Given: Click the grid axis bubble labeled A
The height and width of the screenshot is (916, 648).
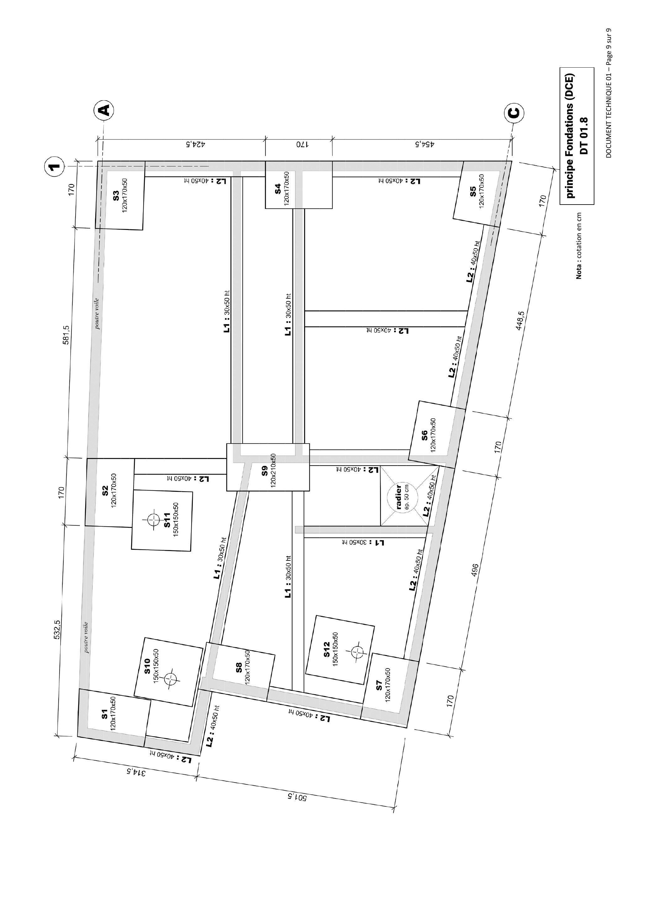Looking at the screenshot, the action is (104, 110).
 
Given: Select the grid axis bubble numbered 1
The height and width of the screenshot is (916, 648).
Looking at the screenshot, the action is (54, 166).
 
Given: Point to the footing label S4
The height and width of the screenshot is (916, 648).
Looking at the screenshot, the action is (277, 189).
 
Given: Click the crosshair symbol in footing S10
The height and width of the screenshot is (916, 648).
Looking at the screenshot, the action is (171, 678).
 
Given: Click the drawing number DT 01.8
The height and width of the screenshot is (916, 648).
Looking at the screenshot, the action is (584, 136).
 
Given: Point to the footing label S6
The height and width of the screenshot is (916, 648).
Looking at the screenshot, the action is (425, 435).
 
